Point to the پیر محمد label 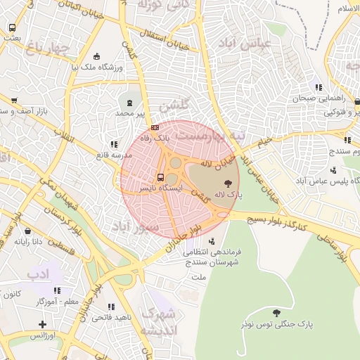click(133, 112)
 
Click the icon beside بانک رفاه click(154, 127)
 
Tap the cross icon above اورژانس click(43, 324)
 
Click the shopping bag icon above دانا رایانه click(27, 230)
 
